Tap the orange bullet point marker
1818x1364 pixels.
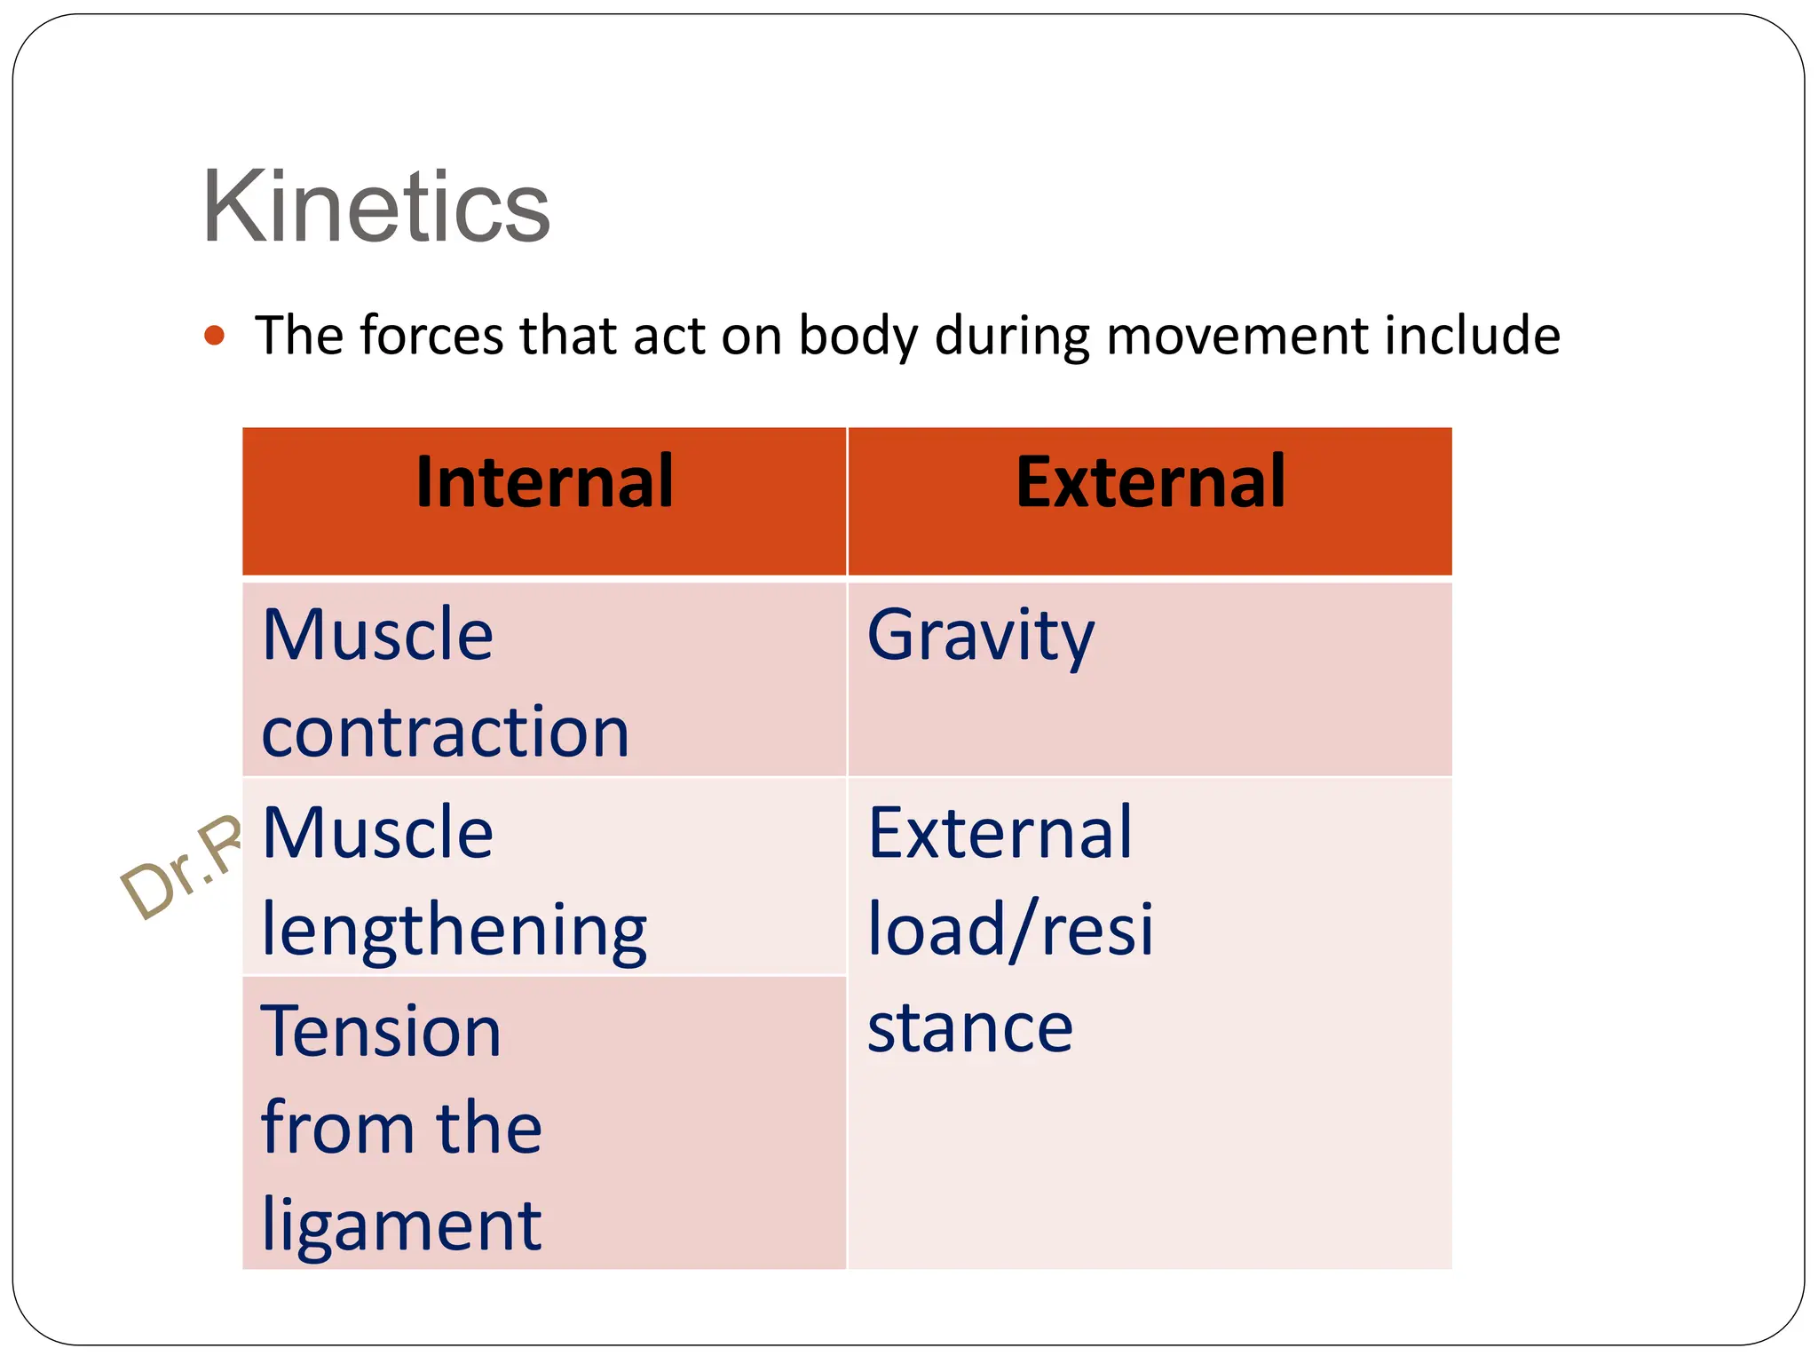click(x=214, y=336)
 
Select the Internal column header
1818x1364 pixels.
click(x=544, y=482)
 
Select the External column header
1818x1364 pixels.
click(x=1150, y=482)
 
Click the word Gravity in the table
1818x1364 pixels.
click(x=980, y=636)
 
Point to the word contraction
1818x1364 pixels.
click(x=446, y=733)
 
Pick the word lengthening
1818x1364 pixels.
click(x=454, y=931)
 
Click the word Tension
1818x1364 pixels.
click(x=382, y=1032)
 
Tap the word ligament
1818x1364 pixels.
click(x=401, y=1225)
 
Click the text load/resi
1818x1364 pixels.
click(x=1010, y=930)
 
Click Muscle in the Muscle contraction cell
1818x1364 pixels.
click(x=378, y=636)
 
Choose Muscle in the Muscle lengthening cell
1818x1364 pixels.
click(x=378, y=833)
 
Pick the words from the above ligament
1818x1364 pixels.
click(x=401, y=1128)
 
